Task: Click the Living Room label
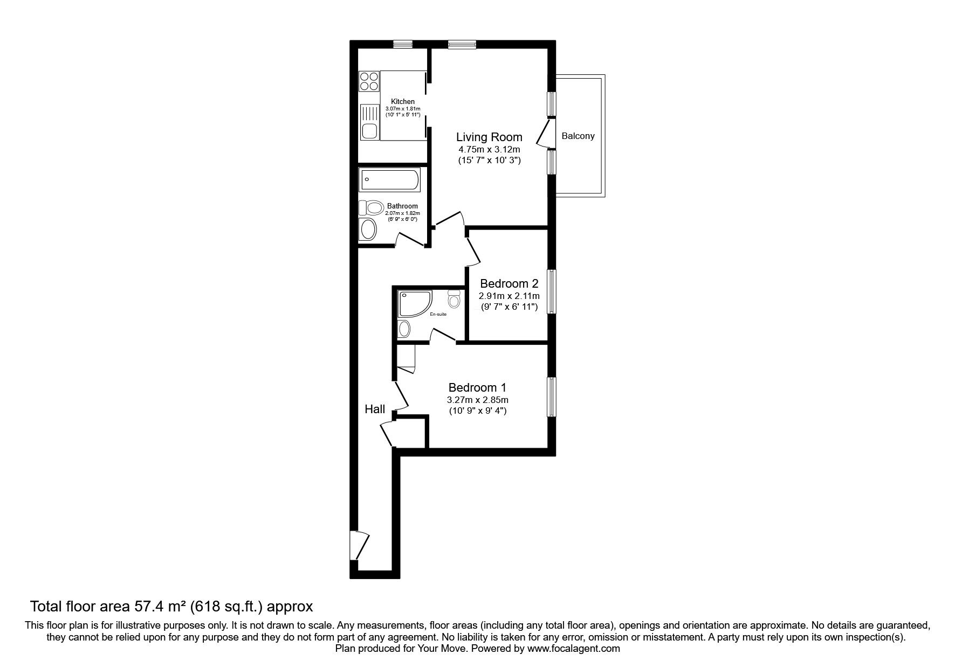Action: coord(489,137)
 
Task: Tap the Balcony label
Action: coord(578,136)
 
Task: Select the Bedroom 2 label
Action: coord(509,283)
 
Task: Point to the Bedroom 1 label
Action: coord(477,387)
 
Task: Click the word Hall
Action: coord(375,409)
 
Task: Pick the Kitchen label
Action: coord(403,101)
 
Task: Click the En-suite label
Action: coord(438,314)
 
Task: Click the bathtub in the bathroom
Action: coord(389,180)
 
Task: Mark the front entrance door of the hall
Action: coord(360,545)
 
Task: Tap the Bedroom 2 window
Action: coord(552,291)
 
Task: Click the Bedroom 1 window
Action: coord(552,397)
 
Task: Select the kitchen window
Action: coord(402,44)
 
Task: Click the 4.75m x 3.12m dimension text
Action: coord(489,149)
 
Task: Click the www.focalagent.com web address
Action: coord(574,649)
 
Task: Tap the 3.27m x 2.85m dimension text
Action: coord(478,400)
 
